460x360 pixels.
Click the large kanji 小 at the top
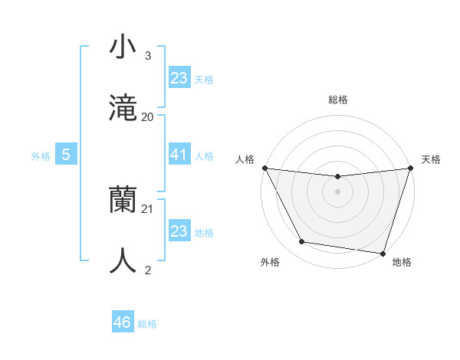[x=123, y=47]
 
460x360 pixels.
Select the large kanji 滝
[x=123, y=107]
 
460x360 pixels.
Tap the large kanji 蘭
[x=123, y=201]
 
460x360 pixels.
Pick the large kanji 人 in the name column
[x=123, y=260]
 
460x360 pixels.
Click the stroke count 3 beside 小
[x=147, y=56]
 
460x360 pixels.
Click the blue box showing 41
[x=179, y=155]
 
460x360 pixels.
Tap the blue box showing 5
[x=66, y=155]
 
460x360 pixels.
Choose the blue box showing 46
[x=123, y=322]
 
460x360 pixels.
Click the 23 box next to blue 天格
[x=179, y=77]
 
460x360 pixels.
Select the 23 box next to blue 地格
[x=179, y=231]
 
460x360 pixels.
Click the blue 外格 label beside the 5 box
[x=41, y=156]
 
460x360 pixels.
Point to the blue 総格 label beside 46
[x=147, y=324]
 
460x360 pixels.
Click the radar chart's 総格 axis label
[x=337, y=100]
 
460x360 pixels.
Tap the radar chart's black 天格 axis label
[x=431, y=159]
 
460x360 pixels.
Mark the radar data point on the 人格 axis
[x=264, y=168]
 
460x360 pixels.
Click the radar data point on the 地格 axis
[x=383, y=253]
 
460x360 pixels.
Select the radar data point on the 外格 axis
[x=301, y=242]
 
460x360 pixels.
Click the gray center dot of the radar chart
[x=337, y=191]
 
